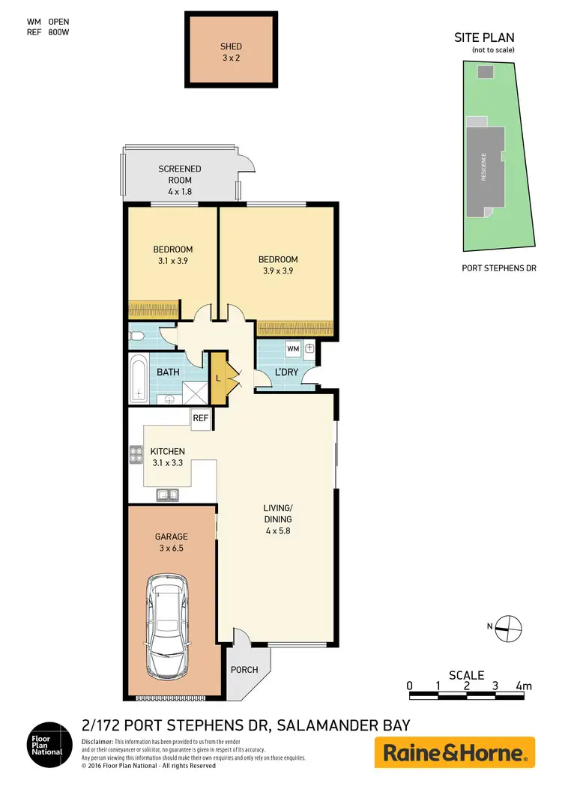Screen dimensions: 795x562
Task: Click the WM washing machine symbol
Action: pyautogui.click(x=293, y=348)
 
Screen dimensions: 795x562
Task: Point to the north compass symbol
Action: pyautogui.click(x=508, y=627)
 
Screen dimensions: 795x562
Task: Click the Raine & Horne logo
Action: pyautogui.click(x=454, y=752)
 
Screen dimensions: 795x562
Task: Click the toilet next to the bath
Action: pyautogui.click(x=138, y=337)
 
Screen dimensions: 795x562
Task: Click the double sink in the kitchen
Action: pyautogui.click(x=166, y=494)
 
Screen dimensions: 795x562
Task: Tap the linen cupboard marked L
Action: pyautogui.click(x=218, y=377)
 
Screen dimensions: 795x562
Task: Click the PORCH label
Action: pyautogui.click(x=245, y=670)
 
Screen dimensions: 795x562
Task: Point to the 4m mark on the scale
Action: pyautogui.click(x=524, y=686)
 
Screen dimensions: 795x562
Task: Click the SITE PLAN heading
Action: pyautogui.click(x=484, y=38)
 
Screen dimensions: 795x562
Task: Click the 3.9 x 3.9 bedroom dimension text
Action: pyautogui.click(x=278, y=271)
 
